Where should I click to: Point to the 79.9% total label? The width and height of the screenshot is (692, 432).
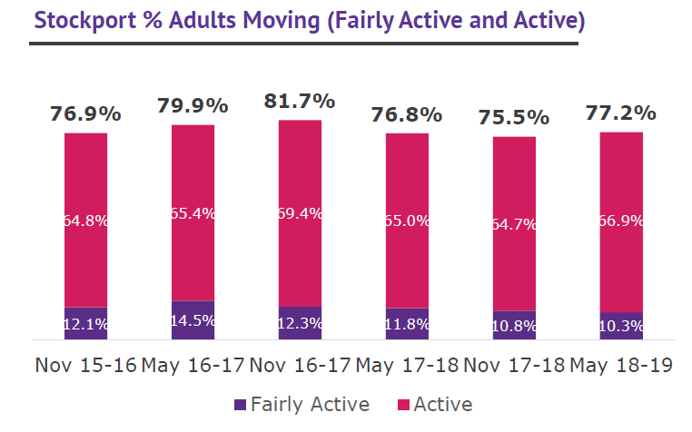193,106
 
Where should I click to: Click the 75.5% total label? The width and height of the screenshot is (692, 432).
514,118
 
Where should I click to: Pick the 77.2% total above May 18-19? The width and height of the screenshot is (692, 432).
621,113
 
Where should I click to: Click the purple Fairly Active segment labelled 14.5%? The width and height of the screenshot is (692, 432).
193,319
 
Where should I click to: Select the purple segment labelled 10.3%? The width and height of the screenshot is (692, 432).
621,325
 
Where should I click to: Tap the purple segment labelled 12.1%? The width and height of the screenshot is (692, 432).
85,323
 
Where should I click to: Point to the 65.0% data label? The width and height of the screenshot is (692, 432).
407,221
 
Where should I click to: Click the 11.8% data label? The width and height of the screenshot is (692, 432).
407,325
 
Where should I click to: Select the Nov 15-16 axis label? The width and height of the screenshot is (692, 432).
85,365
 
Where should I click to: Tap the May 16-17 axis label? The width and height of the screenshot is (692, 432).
193,365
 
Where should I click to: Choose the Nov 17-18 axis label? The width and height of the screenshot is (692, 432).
514,365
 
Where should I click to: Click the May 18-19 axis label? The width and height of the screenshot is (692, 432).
621,365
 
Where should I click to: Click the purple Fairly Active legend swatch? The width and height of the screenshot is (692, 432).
240,404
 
